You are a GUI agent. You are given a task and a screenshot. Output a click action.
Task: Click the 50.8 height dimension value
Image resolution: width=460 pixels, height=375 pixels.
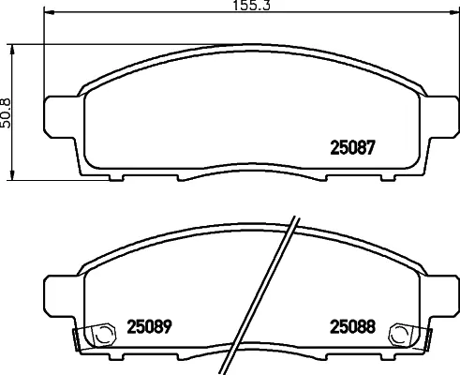(7, 112)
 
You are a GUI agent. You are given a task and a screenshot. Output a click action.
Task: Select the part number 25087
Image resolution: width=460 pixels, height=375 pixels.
(353, 147)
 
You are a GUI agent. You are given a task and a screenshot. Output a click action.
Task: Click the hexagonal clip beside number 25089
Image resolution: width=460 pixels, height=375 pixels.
(94, 333)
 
